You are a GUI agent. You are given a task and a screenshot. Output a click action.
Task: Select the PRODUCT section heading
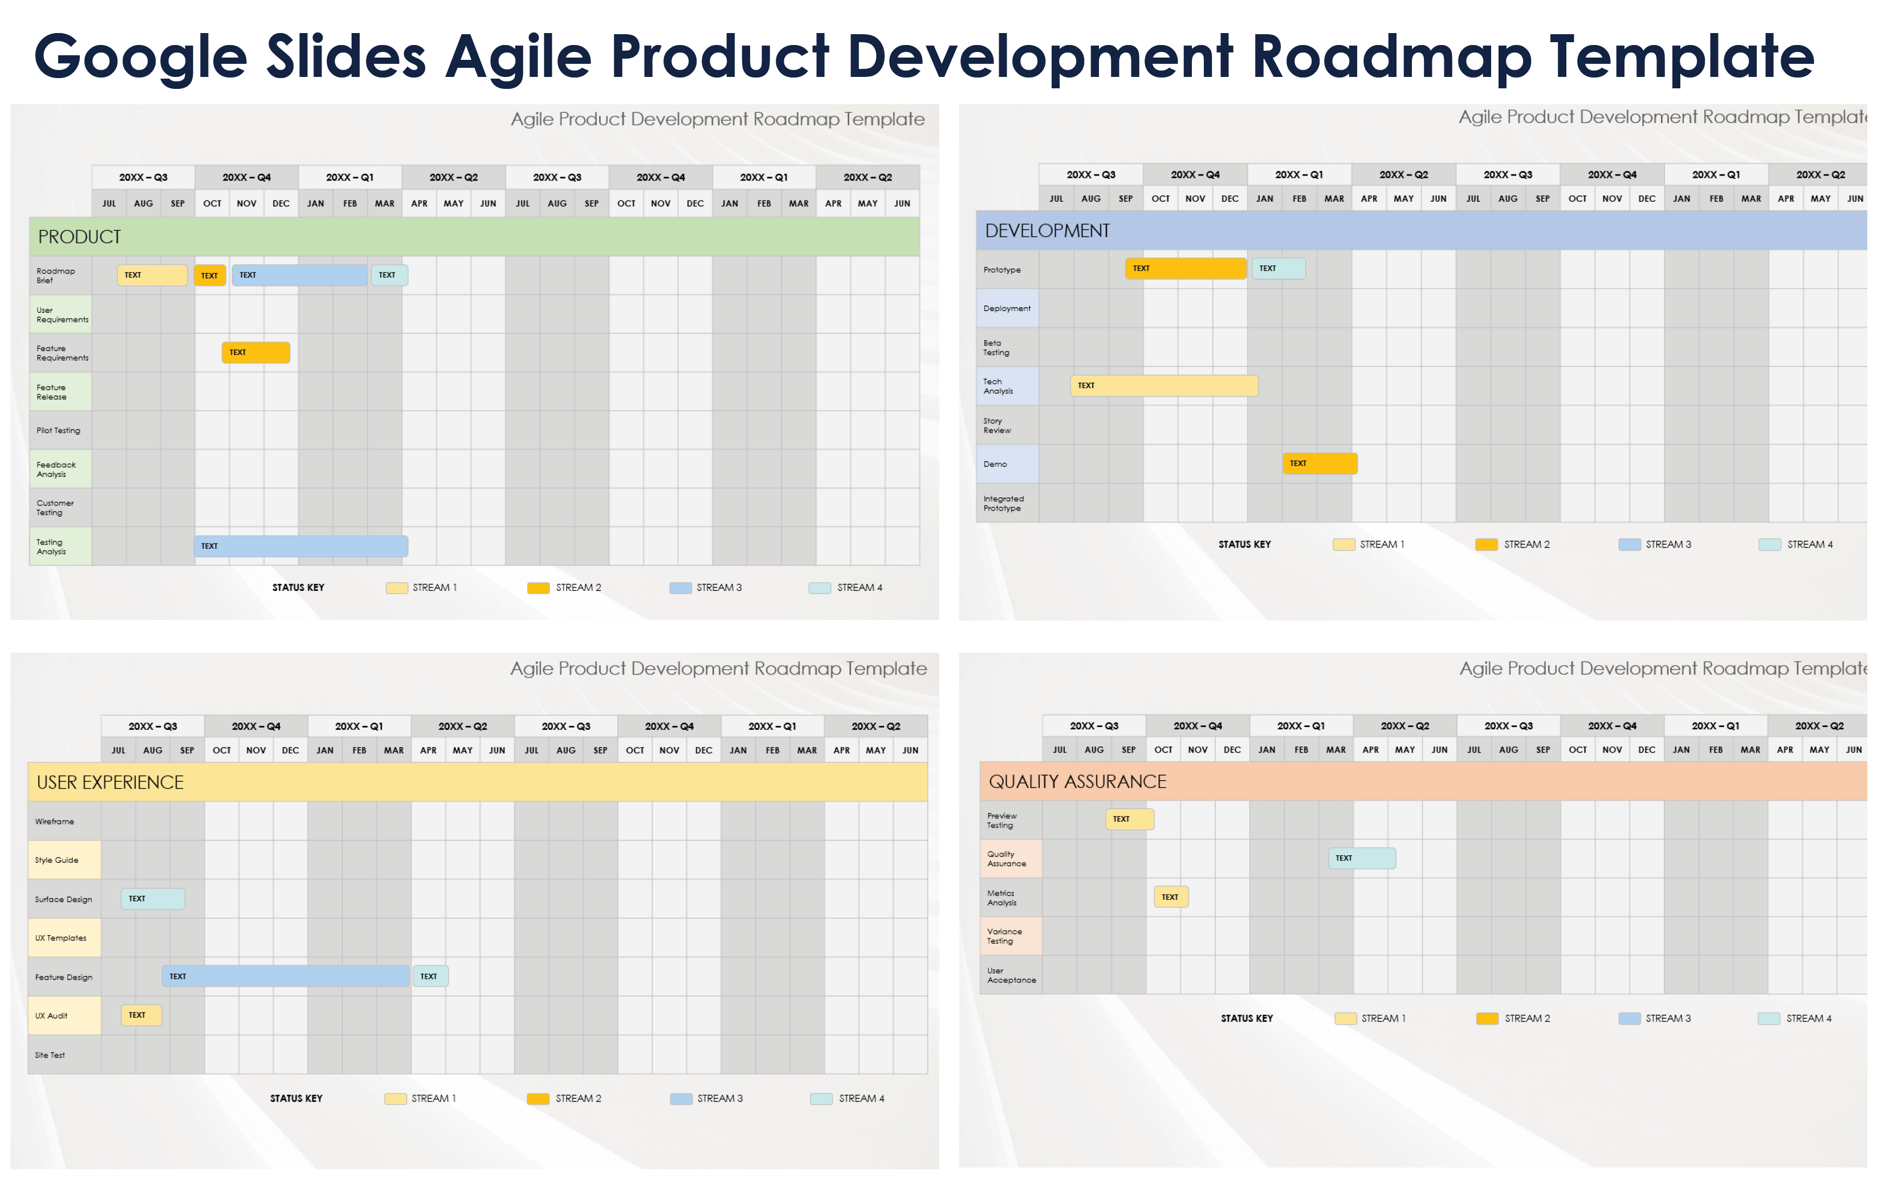pyautogui.click(x=79, y=237)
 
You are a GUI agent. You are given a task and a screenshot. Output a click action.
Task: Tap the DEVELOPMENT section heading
pyautogui.click(x=1047, y=231)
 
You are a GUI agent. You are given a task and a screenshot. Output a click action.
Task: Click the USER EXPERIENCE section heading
pyautogui.click(x=110, y=782)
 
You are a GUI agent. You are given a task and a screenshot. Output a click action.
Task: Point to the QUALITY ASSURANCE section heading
pyautogui.click(x=1077, y=782)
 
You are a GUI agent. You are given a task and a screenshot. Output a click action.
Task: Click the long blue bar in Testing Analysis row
pyautogui.click(x=301, y=546)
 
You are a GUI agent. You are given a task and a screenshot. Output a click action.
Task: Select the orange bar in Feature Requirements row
pyautogui.click(x=256, y=353)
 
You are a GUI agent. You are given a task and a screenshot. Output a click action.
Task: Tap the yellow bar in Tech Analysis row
pyautogui.click(x=1164, y=385)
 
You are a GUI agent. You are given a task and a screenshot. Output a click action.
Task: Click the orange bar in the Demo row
pyautogui.click(x=1320, y=464)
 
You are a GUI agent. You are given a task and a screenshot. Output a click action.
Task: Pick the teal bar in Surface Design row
pyautogui.click(x=153, y=899)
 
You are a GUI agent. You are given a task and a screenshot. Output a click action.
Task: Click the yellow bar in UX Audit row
pyautogui.click(x=141, y=1015)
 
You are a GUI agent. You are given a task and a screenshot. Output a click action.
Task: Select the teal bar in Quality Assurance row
pyautogui.click(x=1362, y=859)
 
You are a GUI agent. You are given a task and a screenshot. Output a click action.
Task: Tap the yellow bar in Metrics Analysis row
pyautogui.click(x=1171, y=897)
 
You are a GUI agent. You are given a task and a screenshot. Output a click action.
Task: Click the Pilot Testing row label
pyautogui.click(x=59, y=431)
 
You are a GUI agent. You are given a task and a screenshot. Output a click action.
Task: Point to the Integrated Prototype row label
pyautogui.click(x=1003, y=504)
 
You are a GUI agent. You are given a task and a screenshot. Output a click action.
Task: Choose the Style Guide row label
pyautogui.click(x=56, y=860)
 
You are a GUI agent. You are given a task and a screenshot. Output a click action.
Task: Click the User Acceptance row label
pyautogui.click(x=1011, y=976)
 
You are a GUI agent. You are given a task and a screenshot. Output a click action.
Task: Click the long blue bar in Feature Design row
pyautogui.click(x=286, y=977)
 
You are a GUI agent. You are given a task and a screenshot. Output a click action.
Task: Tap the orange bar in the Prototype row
pyautogui.click(x=1186, y=268)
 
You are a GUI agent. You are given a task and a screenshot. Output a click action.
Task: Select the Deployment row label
pyautogui.click(x=1007, y=309)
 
